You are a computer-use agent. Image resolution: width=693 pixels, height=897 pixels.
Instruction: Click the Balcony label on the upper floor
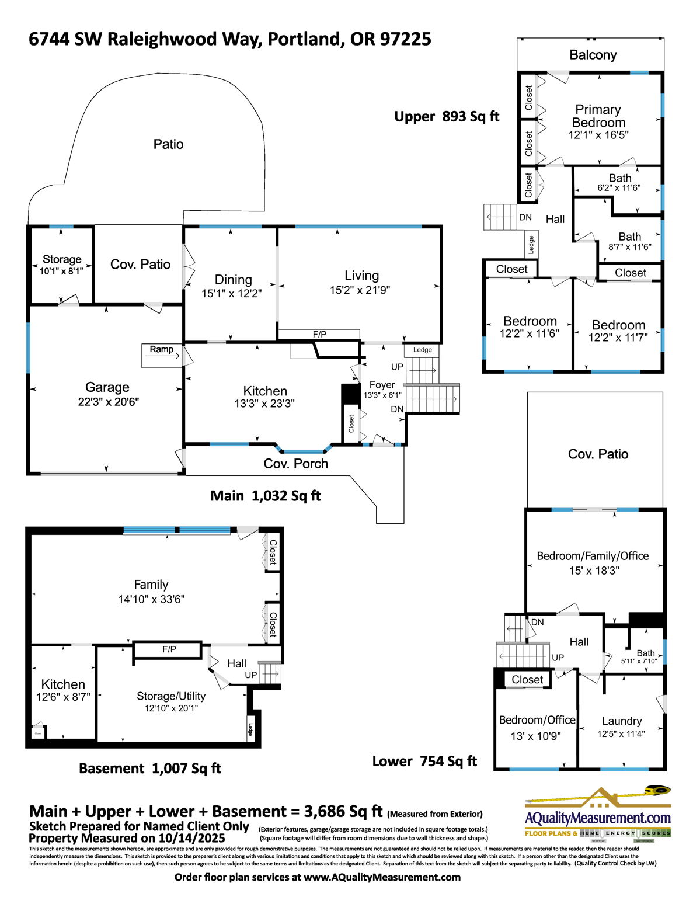coord(593,55)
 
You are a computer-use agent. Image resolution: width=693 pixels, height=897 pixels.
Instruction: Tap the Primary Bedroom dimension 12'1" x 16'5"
coord(598,135)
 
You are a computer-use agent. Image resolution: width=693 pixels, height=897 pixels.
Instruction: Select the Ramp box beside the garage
coord(162,350)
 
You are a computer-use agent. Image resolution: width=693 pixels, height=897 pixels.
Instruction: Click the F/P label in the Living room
coord(319,335)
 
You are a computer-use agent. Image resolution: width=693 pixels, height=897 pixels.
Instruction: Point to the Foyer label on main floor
coord(382,385)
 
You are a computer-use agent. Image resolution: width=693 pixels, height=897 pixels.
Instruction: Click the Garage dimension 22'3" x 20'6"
coord(108,402)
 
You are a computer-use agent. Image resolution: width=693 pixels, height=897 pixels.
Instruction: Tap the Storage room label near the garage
coord(62,259)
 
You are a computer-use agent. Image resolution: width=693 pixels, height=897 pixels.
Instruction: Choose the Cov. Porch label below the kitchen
coord(295,464)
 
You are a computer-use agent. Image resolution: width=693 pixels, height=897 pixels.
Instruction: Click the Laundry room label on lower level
coord(621,721)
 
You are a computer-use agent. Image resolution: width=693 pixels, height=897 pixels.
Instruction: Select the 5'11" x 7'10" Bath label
coord(639,661)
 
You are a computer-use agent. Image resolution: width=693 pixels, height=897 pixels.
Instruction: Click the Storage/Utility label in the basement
coord(171,696)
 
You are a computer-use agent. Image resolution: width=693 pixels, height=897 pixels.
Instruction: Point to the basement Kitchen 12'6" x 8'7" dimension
coord(63,697)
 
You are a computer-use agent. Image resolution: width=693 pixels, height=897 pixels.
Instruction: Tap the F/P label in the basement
coord(169,649)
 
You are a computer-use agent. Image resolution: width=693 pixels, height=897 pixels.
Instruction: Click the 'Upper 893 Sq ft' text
coord(447,117)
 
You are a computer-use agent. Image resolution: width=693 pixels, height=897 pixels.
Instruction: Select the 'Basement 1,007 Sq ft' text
coord(149,769)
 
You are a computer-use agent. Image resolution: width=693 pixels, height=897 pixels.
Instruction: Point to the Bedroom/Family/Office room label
coord(593,556)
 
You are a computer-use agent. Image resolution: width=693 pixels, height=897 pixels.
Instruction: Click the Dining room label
coord(233,280)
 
